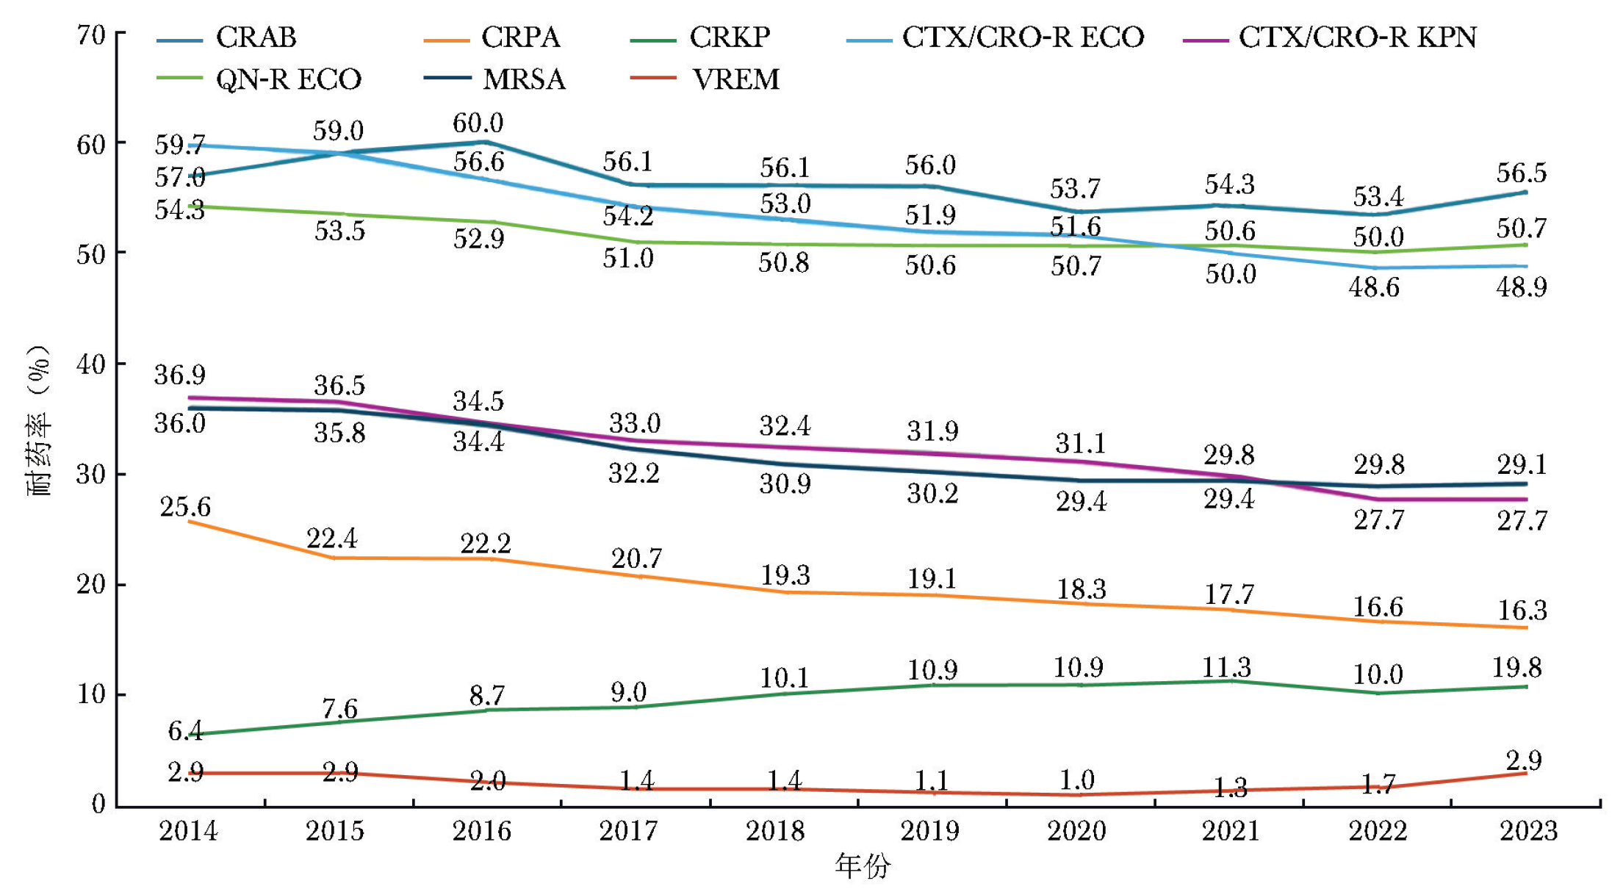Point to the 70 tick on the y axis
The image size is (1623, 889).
point(91,35)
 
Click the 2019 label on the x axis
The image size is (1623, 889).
point(929,831)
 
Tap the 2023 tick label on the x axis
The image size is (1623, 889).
point(1528,831)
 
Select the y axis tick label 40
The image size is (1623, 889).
point(91,364)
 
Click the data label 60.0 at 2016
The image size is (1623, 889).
point(478,123)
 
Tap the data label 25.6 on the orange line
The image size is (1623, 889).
point(185,507)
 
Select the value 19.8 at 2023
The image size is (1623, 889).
point(1516,668)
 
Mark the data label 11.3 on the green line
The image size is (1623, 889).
point(1226,667)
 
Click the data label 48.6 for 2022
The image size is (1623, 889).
point(1374,287)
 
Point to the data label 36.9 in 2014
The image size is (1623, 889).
point(179,375)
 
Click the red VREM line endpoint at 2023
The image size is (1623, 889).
point(1526,773)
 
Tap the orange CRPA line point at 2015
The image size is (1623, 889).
point(335,558)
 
